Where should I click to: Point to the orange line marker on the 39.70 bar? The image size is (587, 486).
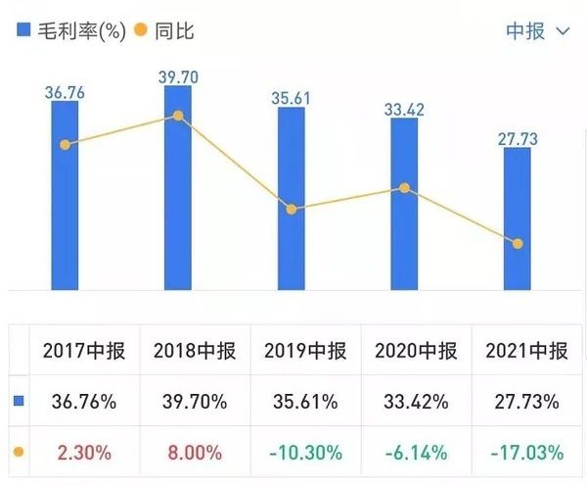(x=178, y=116)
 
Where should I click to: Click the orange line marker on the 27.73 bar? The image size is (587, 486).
(x=518, y=243)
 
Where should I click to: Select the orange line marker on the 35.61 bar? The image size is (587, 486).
(x=291, y=209)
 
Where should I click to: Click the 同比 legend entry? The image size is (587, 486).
(x=166, y=30)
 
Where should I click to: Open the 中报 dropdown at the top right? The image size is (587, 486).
(x=537, y=30)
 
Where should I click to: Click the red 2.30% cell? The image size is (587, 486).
(x=85, y=452)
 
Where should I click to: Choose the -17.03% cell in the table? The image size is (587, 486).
(x=527, y=452)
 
